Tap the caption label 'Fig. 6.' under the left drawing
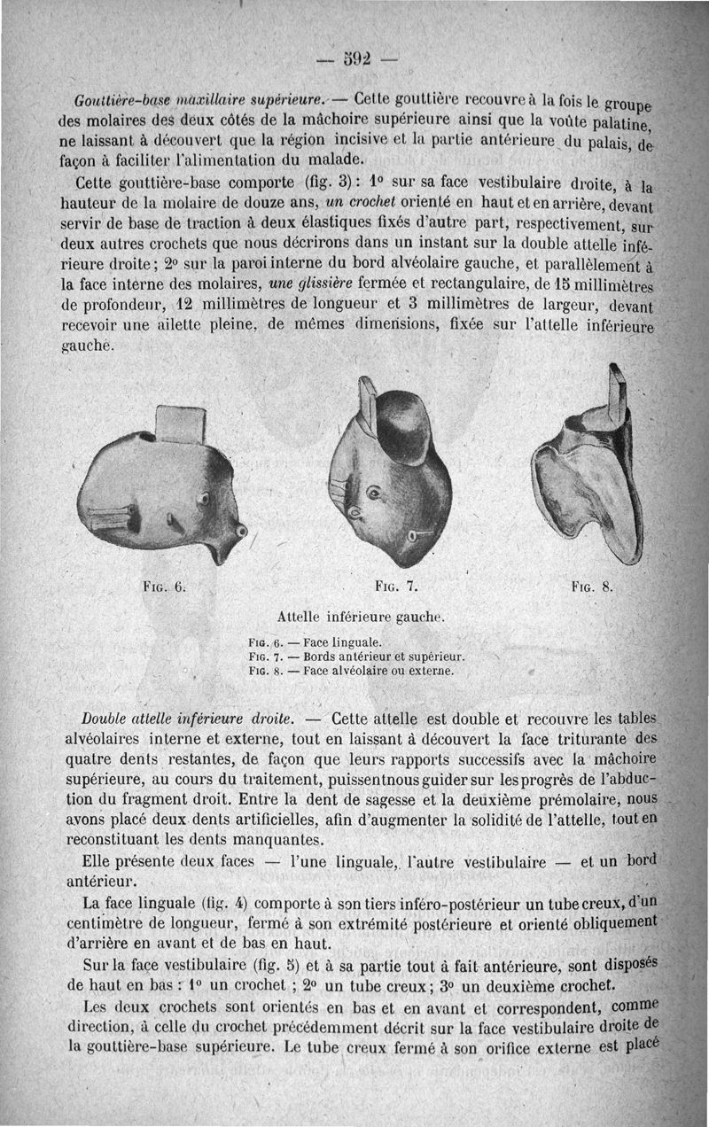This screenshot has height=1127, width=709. tap(164, 586)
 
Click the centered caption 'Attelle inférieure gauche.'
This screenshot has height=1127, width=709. tap(361, 616)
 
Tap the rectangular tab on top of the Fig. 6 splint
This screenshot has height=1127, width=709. tap(181, 424)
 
